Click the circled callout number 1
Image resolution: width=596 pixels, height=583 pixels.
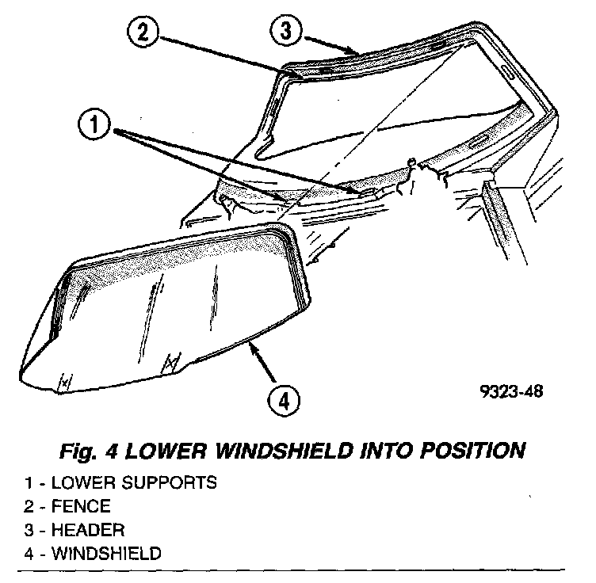[x=94, y=126]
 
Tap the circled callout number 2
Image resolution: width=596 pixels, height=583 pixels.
[x=141, y=34]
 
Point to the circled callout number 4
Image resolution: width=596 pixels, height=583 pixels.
[x=282, y=400]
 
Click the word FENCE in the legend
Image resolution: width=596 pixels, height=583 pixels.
[x=82, y=505]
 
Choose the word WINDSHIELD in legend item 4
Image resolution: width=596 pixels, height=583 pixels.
[x=105, y=553]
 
